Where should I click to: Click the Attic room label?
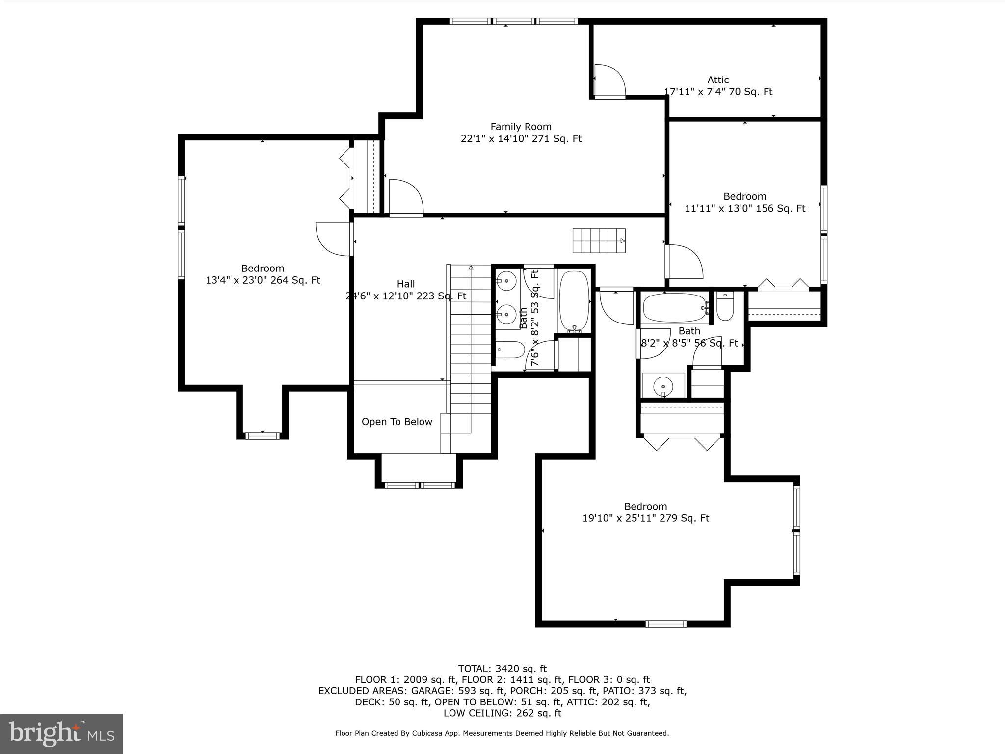717,80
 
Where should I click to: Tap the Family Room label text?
521,127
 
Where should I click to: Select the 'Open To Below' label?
397,422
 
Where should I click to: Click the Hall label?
405,284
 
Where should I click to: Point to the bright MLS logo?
61,733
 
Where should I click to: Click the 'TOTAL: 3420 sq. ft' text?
502,669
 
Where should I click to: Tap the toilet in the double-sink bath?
509,350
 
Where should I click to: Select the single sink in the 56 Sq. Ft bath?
663,385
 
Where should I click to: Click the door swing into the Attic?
610,81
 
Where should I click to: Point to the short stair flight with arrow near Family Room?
599,241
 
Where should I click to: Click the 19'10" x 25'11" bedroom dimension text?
645,518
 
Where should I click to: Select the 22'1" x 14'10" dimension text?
521,139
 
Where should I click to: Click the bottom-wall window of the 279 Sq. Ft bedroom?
665,624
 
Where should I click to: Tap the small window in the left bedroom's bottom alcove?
262,435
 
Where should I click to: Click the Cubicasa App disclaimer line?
502,733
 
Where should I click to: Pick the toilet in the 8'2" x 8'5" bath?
724,306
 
